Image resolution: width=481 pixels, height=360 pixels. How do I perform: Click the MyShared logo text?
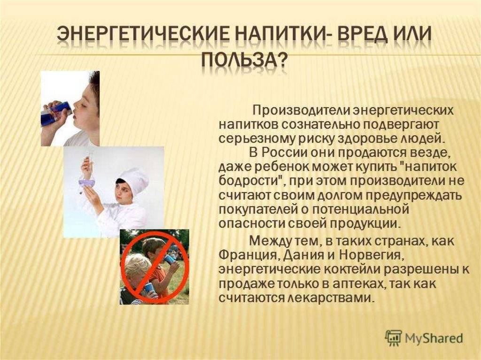tap(434, 338)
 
